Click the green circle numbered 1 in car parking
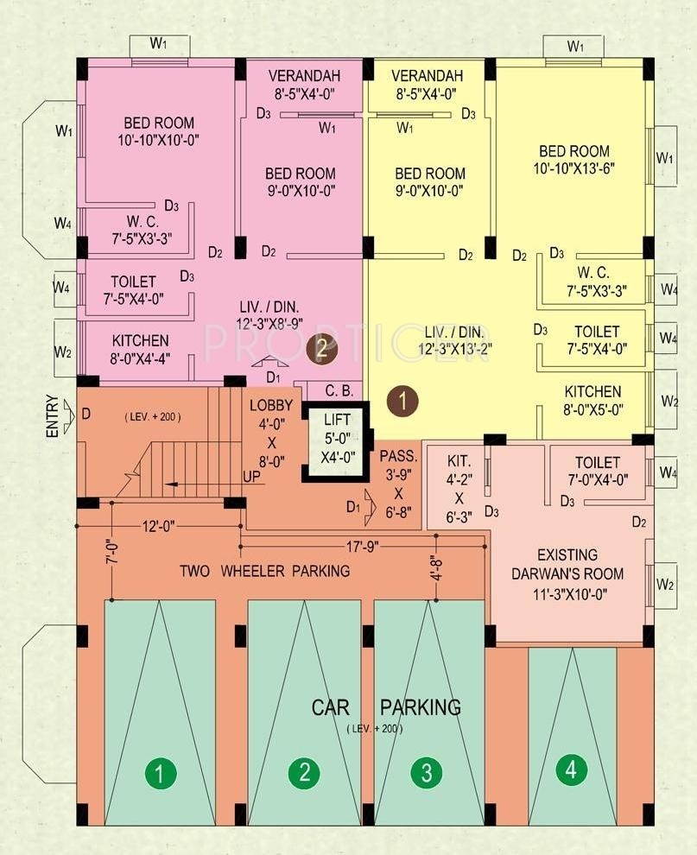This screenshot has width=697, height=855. (161, 773)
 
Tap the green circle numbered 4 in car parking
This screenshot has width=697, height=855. (571, 770)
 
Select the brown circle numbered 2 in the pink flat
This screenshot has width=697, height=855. (322, 348)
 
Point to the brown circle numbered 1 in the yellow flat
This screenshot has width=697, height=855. (402, 402)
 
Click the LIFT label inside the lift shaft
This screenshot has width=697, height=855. (337, 420)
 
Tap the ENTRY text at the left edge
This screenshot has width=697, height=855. (53, 416)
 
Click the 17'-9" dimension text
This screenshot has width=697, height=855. (363, 547)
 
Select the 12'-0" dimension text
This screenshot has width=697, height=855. (159, 526)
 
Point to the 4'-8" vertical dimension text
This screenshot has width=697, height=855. (437, 567)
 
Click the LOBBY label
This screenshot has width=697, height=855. (271, 406)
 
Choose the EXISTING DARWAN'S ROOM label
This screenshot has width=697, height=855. (567, 564)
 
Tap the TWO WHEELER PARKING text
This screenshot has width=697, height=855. (265, 572)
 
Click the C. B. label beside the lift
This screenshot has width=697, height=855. (339, 391)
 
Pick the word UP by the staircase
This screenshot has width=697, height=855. (251, 477)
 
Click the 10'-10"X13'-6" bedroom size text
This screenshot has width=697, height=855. (574, 168)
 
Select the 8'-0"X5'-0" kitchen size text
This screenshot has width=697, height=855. (593, 409)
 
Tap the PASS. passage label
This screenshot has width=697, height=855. (398, 456)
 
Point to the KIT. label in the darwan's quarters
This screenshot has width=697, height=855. (459, 461)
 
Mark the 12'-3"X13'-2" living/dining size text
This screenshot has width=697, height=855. (455, 349)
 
